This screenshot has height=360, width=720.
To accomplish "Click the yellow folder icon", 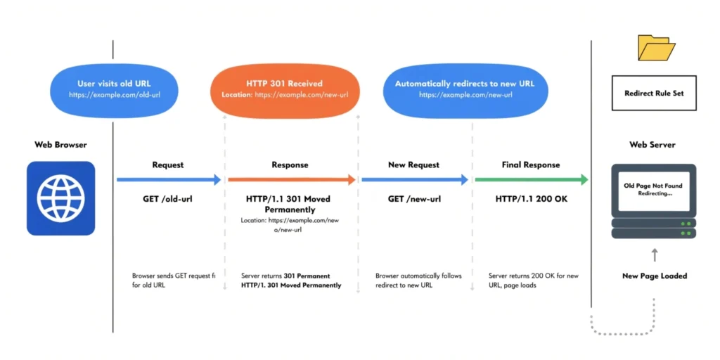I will click(x=655, y=48).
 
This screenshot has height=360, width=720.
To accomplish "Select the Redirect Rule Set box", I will click(x=654, y=94).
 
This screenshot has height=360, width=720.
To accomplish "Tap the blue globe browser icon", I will click(x=60, y=198).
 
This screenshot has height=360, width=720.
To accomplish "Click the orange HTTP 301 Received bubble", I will click(x=285, y=89).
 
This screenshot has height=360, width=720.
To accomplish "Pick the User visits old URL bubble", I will click(x=114, y=89).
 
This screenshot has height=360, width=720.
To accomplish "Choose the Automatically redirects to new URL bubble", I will click(x=464, y=89).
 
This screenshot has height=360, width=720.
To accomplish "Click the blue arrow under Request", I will click(x=168, y=180).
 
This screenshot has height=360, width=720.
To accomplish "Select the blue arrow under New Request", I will click(x=414, y=180).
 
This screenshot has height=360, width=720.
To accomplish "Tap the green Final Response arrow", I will click(x=531, y=180).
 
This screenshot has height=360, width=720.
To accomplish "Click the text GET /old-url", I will click(x=167, y=199).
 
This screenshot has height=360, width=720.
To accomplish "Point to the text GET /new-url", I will click(x=414, y=199).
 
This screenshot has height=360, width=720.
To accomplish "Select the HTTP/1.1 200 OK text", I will click(x=531, y=199).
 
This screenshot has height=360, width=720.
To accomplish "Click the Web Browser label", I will click(x=60, y=145).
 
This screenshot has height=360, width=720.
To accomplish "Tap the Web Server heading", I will click(x=652, y=145).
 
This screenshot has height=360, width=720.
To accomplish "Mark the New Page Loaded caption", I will click(x=655, y=276).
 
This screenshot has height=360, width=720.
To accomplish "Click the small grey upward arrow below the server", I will click(x=655, y=255).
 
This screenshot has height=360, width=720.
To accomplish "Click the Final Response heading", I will click(x=531, y=165).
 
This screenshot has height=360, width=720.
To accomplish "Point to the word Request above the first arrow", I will click(x=168, y=165).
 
